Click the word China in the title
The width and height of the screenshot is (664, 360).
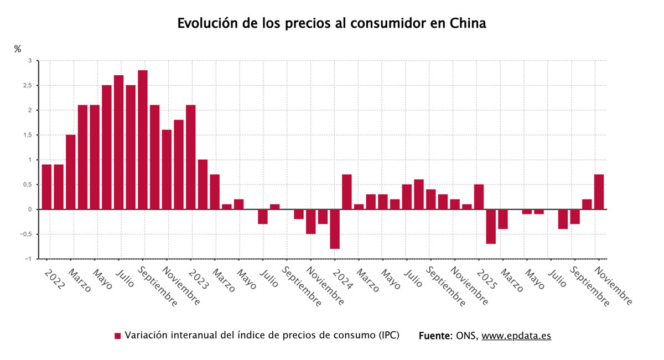click(468, 24)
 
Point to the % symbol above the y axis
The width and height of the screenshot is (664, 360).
click(18, 49)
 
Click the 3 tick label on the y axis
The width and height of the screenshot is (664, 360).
click(30, 61)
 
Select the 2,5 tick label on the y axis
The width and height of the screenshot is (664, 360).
click(27, 86)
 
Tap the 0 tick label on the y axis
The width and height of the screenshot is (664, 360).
click(30, 210)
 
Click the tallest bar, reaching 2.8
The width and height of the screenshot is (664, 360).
click(143, 139)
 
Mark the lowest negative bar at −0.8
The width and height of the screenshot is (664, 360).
click(335, 229)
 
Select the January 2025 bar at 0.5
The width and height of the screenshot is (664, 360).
click(479, 197)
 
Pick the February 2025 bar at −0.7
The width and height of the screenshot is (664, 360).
click(491, 226)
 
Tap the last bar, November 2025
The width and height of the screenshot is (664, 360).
click(599, 192)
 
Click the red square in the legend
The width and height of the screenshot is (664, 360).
click(117, 336)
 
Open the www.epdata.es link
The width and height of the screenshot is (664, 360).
click(516, 336)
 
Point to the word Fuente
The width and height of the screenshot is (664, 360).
click(435, 336)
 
